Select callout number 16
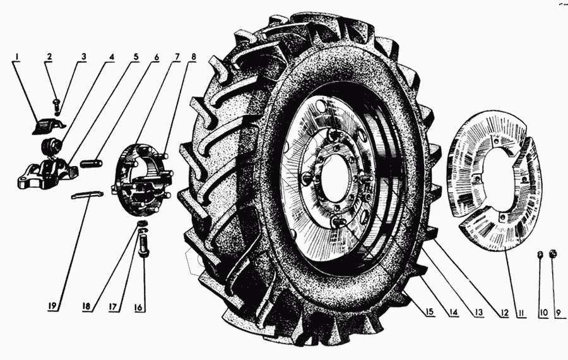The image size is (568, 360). [x=139, y=309]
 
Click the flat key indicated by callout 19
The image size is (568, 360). [x=85, y=195]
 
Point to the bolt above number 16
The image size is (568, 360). [x=143, y=245]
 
